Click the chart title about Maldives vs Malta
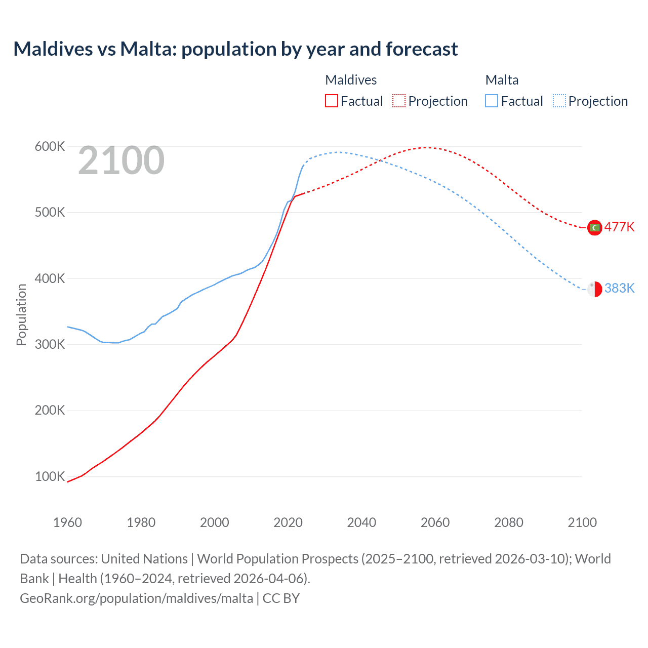point(235,49)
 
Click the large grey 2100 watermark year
point(121,161)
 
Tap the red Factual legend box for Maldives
point(332,101)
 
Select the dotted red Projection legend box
point(399,101)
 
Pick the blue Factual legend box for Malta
point(492,101)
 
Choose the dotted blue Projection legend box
point(559,101)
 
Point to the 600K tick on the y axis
point(50,147)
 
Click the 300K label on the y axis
point(50,345)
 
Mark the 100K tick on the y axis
point(50,477)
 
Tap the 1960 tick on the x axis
point(67,522)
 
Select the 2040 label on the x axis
point(361,522)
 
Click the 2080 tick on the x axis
point(509,522)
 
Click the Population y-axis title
point(21,314)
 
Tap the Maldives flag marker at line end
point(594,228)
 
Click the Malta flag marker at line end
point(594,289)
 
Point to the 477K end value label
point(619,227)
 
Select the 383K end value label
point(619,288)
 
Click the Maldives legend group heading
point(351,80)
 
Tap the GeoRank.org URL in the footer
point(136,598)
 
